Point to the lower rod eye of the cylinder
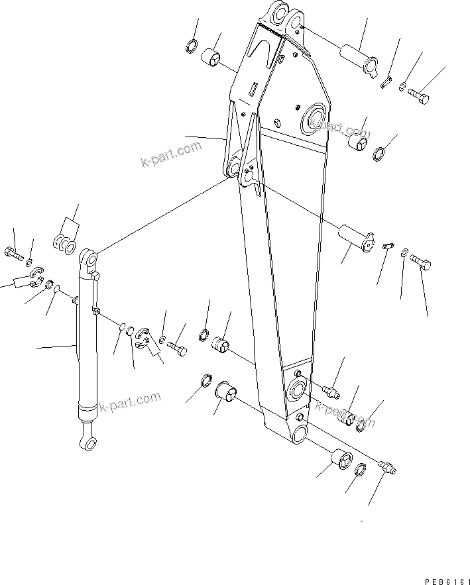tap(87, 441)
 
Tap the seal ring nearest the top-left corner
tap(190, 46)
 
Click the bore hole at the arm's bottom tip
tap(297, 434)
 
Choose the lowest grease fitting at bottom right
tap(387, 467)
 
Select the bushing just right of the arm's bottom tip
tap(341, 458)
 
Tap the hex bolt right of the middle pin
tap(423, 264)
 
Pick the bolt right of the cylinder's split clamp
tap(175, 346)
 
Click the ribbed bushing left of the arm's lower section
tap(220, 345)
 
